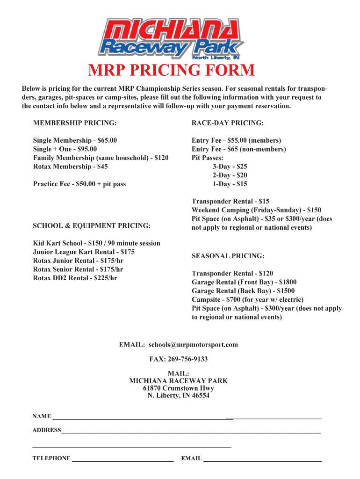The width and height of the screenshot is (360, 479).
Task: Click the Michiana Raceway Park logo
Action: pyautogui.click(x=172, y=38)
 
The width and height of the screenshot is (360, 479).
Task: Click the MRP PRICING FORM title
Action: pyautogui.click(x=172, y=71)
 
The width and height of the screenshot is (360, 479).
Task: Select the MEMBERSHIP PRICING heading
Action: pyautogui.click(x=74, y=123)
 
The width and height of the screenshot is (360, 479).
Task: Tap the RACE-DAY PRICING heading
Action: pyautogui.click(x=228, y=123)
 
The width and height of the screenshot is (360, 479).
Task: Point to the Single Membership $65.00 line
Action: pyautogui.click(x=75, y=140)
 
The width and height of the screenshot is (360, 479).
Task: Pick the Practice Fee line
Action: pyautogui.click(x=79, y=184)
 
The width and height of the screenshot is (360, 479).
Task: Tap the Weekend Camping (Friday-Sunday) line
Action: pyautogui.click(x=256, y=210)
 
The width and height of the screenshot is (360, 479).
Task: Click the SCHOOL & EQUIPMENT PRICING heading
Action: pyautogui.click(x=92, y=226)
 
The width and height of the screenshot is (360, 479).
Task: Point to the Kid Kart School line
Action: pyautogui.click(x=96, y=243)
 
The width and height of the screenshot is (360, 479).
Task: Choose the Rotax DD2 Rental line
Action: pyautogui.click(x=75, y=278)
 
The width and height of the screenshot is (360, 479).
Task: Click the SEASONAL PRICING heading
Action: pyautogui.click(x=228, y=256)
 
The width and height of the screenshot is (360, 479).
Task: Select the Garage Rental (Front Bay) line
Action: pyautogui.click(x=244, y=282)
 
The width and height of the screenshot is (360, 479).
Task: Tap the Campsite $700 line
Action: pyautogui.click(x=247, y=299)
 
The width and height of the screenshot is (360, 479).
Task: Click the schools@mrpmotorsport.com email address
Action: pyautogui.click(x=194, y=345)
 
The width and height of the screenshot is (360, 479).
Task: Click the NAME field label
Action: pyautogui.click(x=42, y=416)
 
